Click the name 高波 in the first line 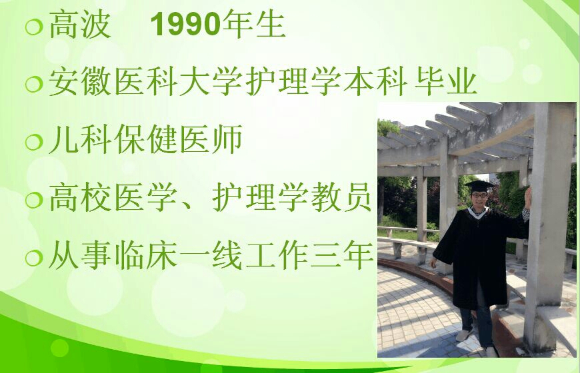point(80,25)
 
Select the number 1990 point(186,25)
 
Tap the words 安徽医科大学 point(145,82)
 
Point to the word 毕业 point(445,82)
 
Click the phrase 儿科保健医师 point(145,139)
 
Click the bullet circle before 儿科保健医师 point(34,142)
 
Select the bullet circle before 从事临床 point(34,257)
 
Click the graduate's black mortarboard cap point(479,186)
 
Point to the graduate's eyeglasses point(479,194)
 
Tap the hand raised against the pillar point(528,198)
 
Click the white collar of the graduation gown point(478,212)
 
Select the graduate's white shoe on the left point(463,335)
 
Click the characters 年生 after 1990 point(254,25)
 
